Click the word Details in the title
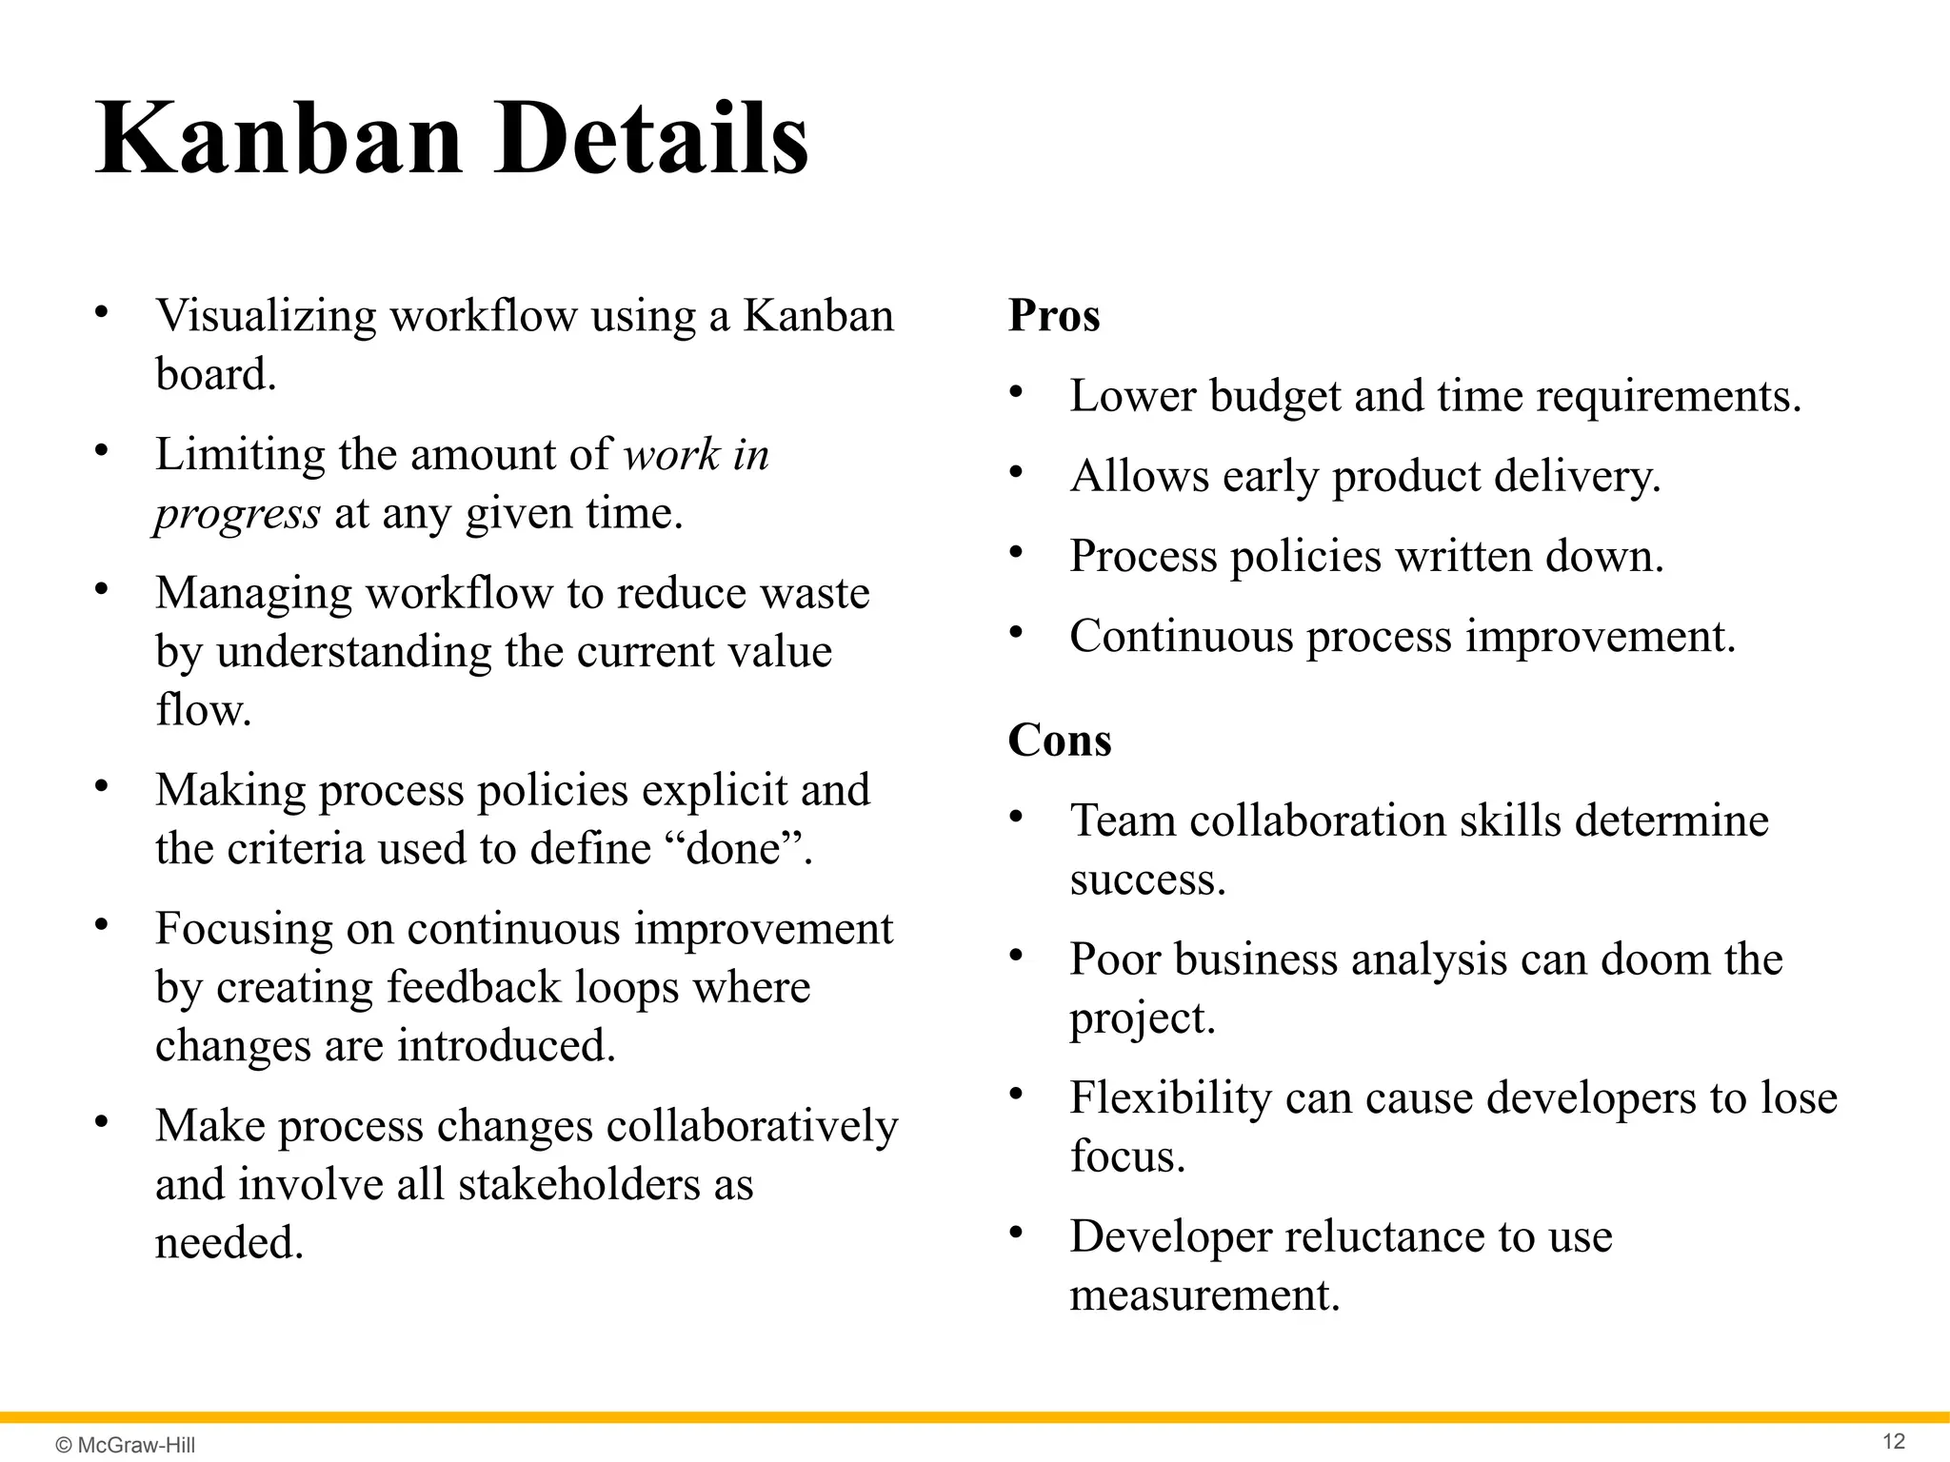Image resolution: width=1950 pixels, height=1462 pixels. (651, 141)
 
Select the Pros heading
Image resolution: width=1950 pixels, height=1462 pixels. (1053, 315)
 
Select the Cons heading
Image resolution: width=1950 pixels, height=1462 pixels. (1059, 741)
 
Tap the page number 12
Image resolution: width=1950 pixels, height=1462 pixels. (1894, 1441)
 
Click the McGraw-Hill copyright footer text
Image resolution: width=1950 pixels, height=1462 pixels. (126, 1445)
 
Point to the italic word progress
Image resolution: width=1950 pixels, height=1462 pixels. (237, 515)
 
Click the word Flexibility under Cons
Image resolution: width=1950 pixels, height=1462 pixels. (1170, 1097)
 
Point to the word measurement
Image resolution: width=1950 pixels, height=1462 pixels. (1204, 1295)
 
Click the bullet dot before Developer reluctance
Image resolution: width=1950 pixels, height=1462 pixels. (1016, 1234)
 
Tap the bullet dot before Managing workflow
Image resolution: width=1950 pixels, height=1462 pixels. (101, 589)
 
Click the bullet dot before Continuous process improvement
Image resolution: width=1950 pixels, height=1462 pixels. (1016, 633)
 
